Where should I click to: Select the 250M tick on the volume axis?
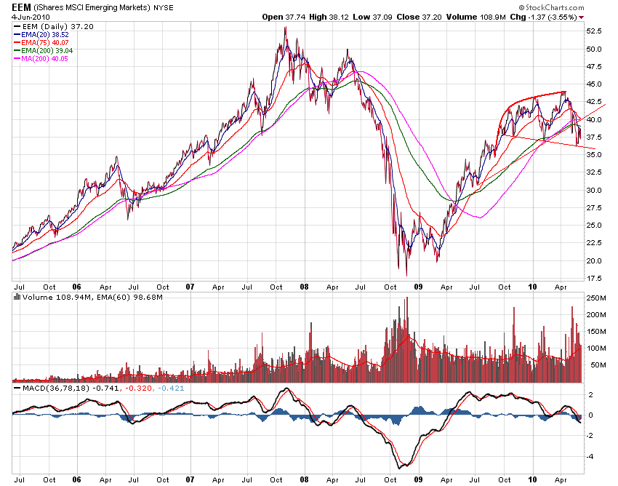tap(597, 298)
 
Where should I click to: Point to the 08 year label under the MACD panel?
tap(305, 479)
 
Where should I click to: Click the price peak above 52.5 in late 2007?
tap(285, 28)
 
